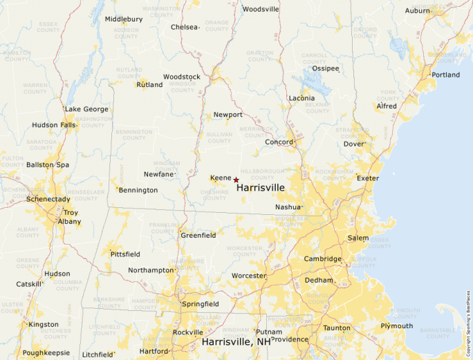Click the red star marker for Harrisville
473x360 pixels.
[x=236, y=180]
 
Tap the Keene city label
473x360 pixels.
[x=221, y=178]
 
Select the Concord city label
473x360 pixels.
[x=279, y=142]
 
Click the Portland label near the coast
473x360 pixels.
[x=445, y=75]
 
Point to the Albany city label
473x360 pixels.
[x=69, y=222]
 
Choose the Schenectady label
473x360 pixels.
[x=48, y=199]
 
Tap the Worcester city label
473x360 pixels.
[x=249, y=276]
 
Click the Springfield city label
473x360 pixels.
[x=200, y=304]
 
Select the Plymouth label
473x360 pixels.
[x=396, y=326]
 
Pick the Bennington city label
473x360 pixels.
[x=138, y=190]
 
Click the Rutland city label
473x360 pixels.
[x=149, y=85]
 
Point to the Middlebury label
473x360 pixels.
[x=124, y=19]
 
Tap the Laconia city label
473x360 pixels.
[x=302, y=98]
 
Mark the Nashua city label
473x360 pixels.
[x=288, y=207]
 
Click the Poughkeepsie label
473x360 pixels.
[x=46, y=353]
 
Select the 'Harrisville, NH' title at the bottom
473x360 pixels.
[x=236, y=342]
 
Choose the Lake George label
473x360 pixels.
[x=86, y=109]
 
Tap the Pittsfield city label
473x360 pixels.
[x=125, y=254]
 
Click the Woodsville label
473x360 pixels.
[x=261, y=9]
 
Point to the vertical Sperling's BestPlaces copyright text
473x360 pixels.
[x=468, y=318]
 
